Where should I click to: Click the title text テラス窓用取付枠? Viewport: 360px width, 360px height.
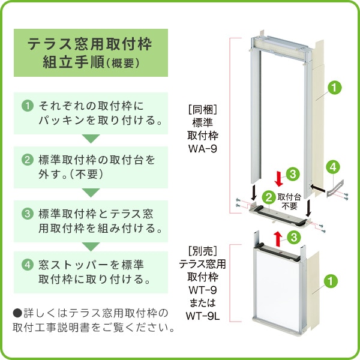tap(90, 44)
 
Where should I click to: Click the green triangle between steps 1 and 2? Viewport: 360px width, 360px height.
tap(90, 139)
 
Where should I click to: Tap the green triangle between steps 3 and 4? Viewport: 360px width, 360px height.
tap(90, 246)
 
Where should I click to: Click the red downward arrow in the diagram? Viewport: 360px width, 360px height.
tap(278, 178)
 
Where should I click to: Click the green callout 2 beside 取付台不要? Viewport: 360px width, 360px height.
tap(269, 196)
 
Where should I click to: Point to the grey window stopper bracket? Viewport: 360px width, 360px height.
tap(333, 187)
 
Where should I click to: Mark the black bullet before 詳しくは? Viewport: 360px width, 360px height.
tap(17, 313)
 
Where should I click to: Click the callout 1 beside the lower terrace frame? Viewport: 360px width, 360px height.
tap(330, 280)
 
